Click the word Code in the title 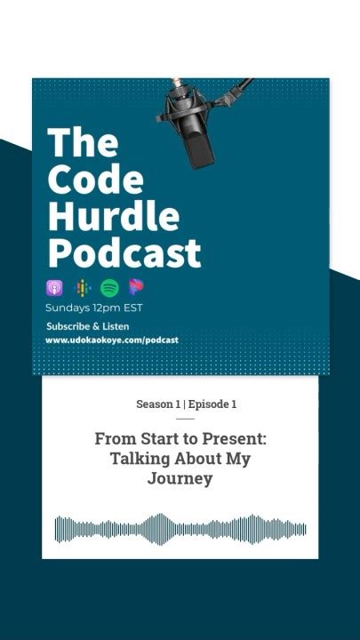[95, 180]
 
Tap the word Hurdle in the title [113, 216]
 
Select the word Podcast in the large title [124, 253]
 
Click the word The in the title [82, 143]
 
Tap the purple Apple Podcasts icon [54, 288]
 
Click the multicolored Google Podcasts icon [82, 288]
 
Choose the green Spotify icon [109, 288]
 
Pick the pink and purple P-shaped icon [136, 287]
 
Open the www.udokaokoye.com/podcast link [112, 340]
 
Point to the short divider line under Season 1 [185, 419]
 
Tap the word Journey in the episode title [180, 479]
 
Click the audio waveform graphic [180, 528]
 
